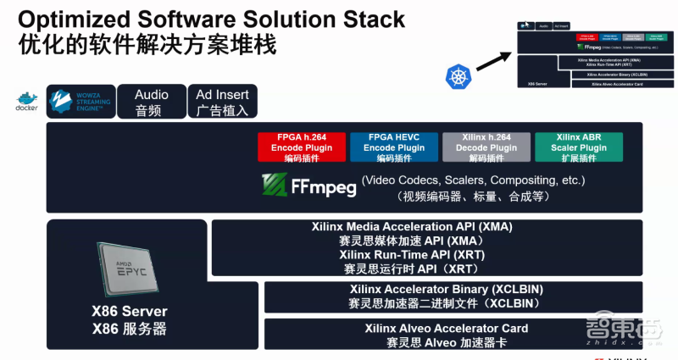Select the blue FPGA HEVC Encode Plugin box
point(392,147)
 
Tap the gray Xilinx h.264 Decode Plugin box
point(486,147)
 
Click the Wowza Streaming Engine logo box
point(80,102)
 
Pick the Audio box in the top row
point(151,102)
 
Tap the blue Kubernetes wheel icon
point(458,77)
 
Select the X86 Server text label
point(130,312)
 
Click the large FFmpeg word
point(326,186)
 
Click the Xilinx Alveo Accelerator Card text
point(447,328)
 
